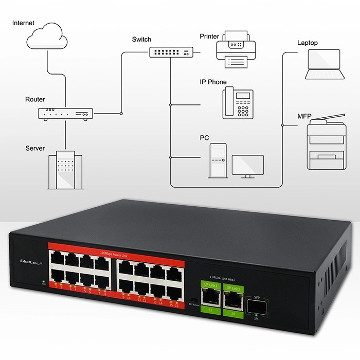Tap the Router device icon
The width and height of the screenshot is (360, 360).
[65, 114]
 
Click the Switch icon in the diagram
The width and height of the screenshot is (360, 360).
[171, 52]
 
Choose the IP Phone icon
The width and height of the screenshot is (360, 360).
[238, 103]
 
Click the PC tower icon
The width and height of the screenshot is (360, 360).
[218, 160]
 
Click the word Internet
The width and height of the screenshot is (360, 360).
[24, 23]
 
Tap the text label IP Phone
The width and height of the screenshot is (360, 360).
[213, 82]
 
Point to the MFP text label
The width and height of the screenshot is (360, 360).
[304, 116]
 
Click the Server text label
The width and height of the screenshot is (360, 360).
[35, 149]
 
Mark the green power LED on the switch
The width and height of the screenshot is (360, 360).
[43, 281]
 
